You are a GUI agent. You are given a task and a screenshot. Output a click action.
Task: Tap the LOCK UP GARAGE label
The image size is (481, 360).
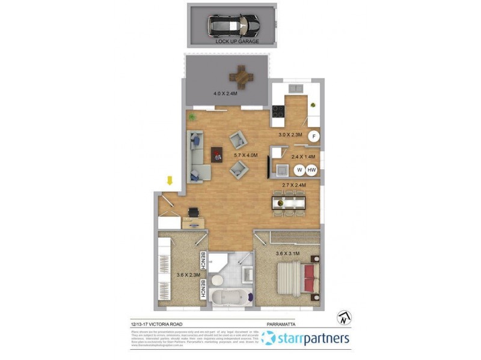pos(238,41)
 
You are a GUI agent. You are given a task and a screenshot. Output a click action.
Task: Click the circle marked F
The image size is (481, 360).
pos(313,137)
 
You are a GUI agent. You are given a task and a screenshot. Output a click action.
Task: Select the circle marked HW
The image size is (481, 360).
pos(311,170)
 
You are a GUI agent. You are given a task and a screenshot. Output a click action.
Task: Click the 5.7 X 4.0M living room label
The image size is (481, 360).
pos(245,155)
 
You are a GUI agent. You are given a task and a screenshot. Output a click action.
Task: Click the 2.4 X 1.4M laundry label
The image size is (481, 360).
pos(303,157)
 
